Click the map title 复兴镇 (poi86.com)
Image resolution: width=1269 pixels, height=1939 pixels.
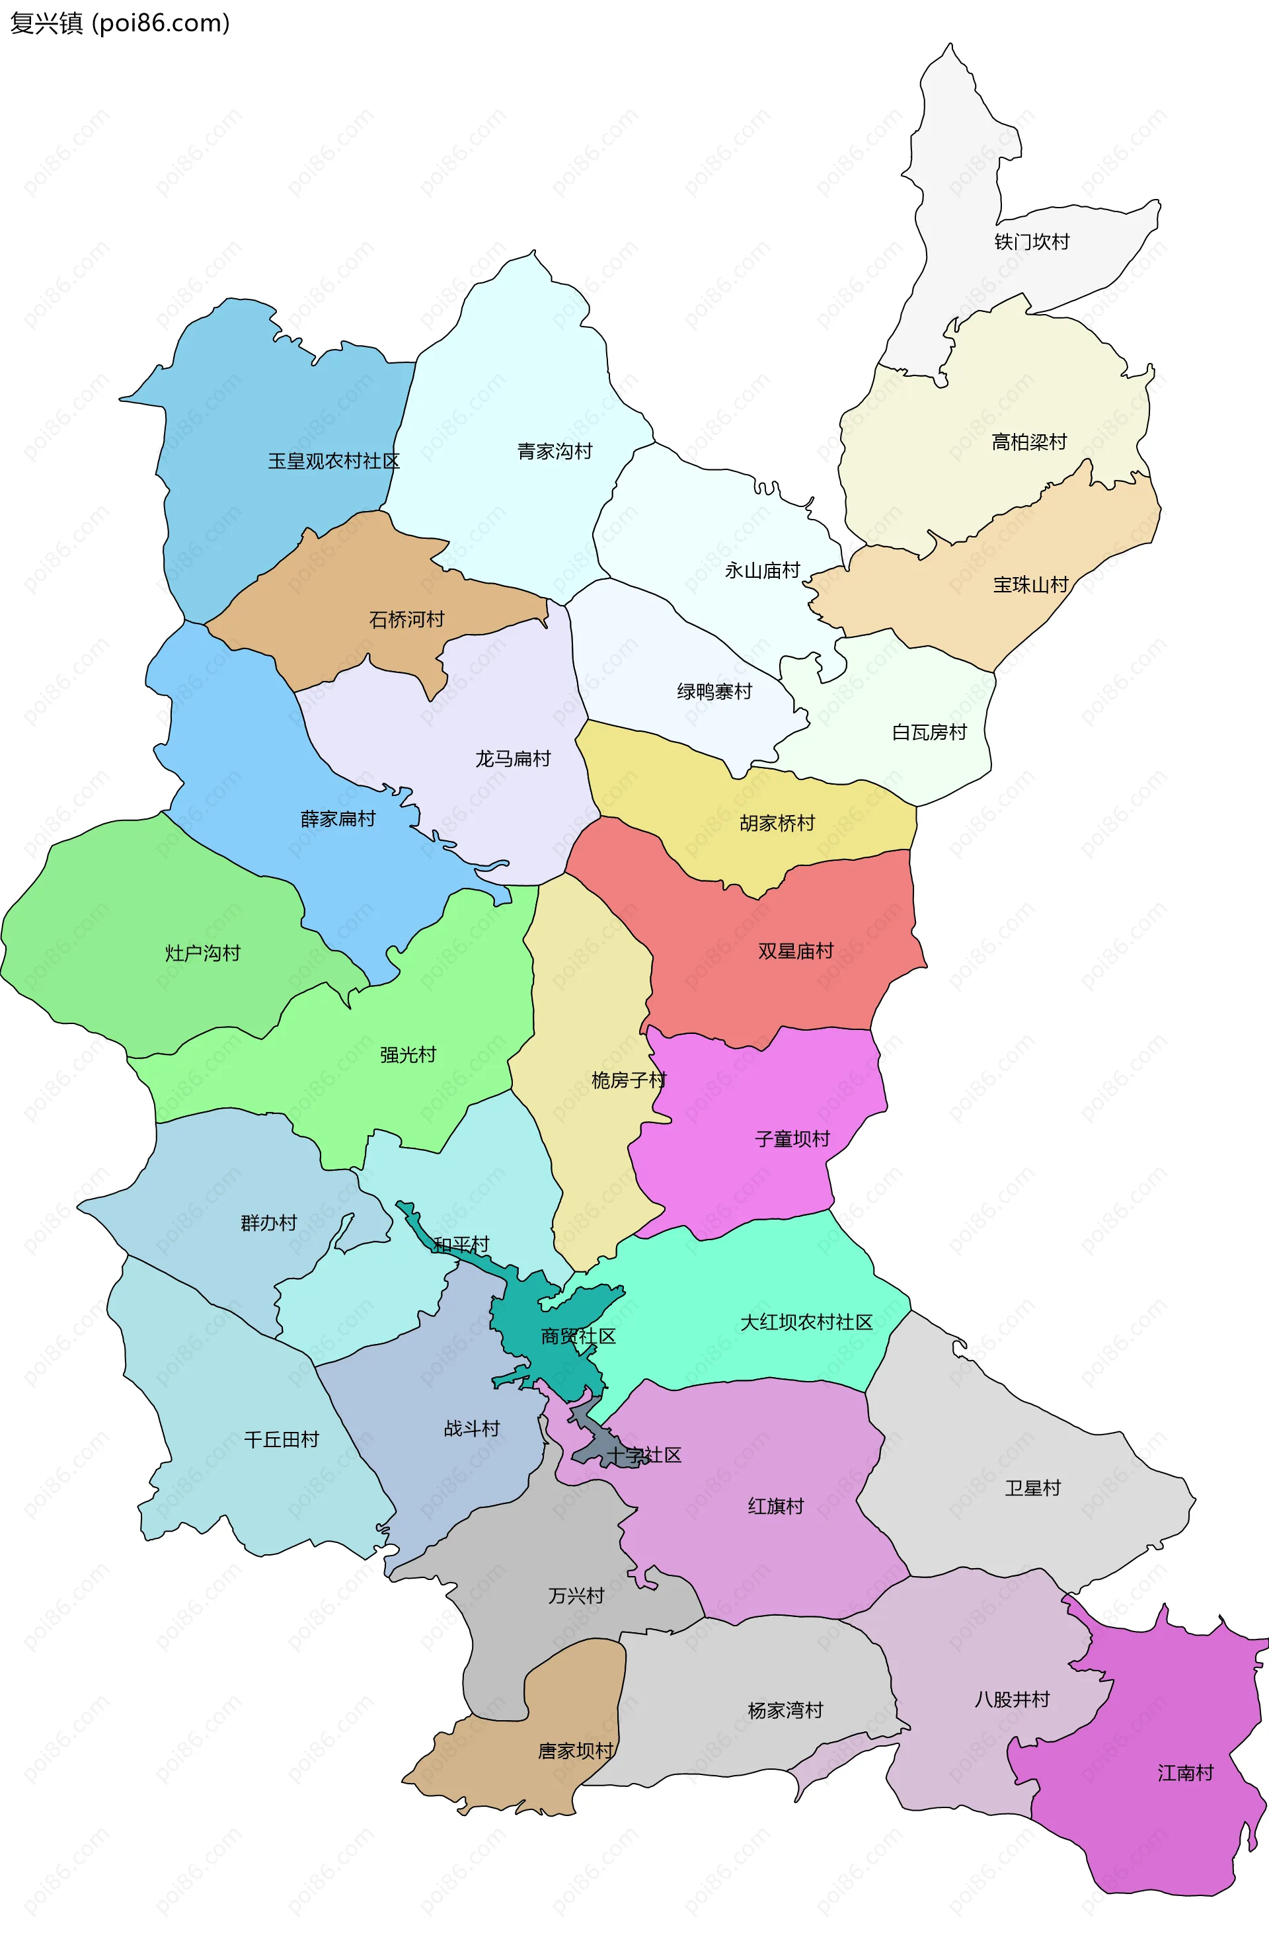tap(120, 23)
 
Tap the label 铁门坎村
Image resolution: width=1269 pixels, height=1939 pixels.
tap(1031, 242)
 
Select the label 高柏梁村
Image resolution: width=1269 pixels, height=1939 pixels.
tap(1028, 442)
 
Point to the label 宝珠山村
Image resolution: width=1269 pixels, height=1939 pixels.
tap(1030, 585)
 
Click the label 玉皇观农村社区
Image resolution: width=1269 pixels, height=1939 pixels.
tap(334, 461)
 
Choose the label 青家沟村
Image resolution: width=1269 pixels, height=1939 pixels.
tap(555, 452)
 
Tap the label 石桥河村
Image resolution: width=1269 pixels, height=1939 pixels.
tap(406, 620)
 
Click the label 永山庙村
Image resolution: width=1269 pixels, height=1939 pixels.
tap(762, 571)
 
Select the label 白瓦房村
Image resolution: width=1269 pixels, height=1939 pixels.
tap(929, 732)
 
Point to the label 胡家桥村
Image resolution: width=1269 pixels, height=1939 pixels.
tap(777, 824)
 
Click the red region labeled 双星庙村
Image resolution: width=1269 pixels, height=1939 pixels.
tap(795, 951)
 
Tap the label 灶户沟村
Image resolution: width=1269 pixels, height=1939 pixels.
tap(203, 953)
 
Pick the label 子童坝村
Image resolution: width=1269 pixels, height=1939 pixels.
tap(792, 1139)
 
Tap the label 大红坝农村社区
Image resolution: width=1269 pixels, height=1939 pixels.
tap(806, 1322)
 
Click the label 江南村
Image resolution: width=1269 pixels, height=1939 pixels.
tap(1185, 1773)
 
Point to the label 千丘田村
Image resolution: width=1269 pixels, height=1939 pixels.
tap(281, 1440)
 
